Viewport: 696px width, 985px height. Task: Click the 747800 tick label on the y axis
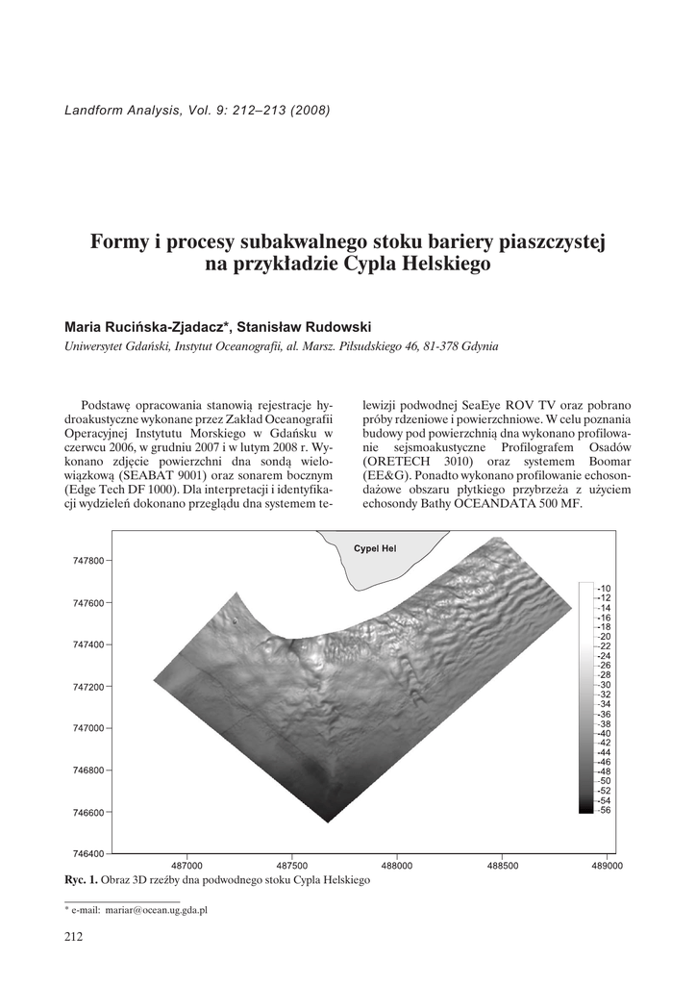88,561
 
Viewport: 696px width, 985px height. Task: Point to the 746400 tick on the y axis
88,854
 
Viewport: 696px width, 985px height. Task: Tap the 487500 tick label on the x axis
291,866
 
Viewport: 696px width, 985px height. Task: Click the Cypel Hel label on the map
375,549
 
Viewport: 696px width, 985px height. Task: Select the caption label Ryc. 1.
81,880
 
